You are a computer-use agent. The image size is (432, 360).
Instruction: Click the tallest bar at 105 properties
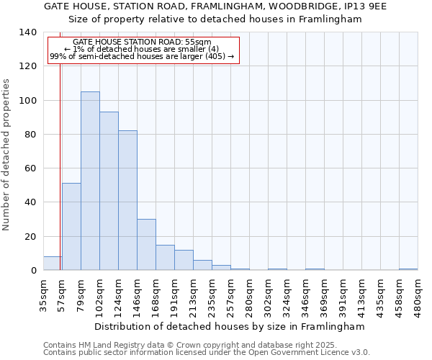pyautogui.click(x=90, y=181)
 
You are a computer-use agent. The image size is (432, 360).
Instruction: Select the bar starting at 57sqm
pyautogui.click(x=71, y=227)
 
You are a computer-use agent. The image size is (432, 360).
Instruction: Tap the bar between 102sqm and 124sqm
pyautogui.click(x=109, y=191)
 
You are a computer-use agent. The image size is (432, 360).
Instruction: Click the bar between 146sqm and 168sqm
pyautogui.click(x=146, y=245)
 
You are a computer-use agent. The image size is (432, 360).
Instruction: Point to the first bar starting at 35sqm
pyautogui.click(x=53, y=264)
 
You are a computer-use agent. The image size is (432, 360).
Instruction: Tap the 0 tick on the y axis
pyautogui.click(x=33, y=271)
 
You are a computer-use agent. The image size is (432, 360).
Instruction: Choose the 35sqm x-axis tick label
pyautogui.click(x=43, y=294)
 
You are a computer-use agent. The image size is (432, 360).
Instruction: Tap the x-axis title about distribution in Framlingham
pyautogui.click(x=230, y=326)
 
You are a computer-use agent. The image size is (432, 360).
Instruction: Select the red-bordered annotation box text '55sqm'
pyautogui.click(x=199, y=42)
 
